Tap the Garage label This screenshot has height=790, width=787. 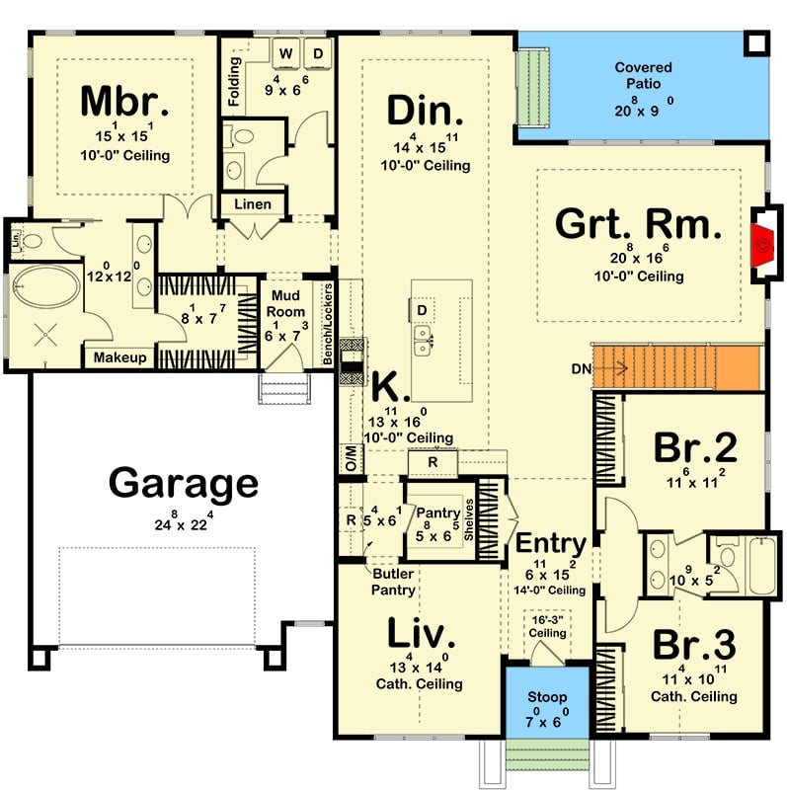184,484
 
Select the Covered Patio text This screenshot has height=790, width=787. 643,75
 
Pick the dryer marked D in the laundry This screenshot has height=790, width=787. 319,52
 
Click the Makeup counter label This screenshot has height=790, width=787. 120,357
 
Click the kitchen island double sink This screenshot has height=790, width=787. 426,341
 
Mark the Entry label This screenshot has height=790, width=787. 551,544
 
